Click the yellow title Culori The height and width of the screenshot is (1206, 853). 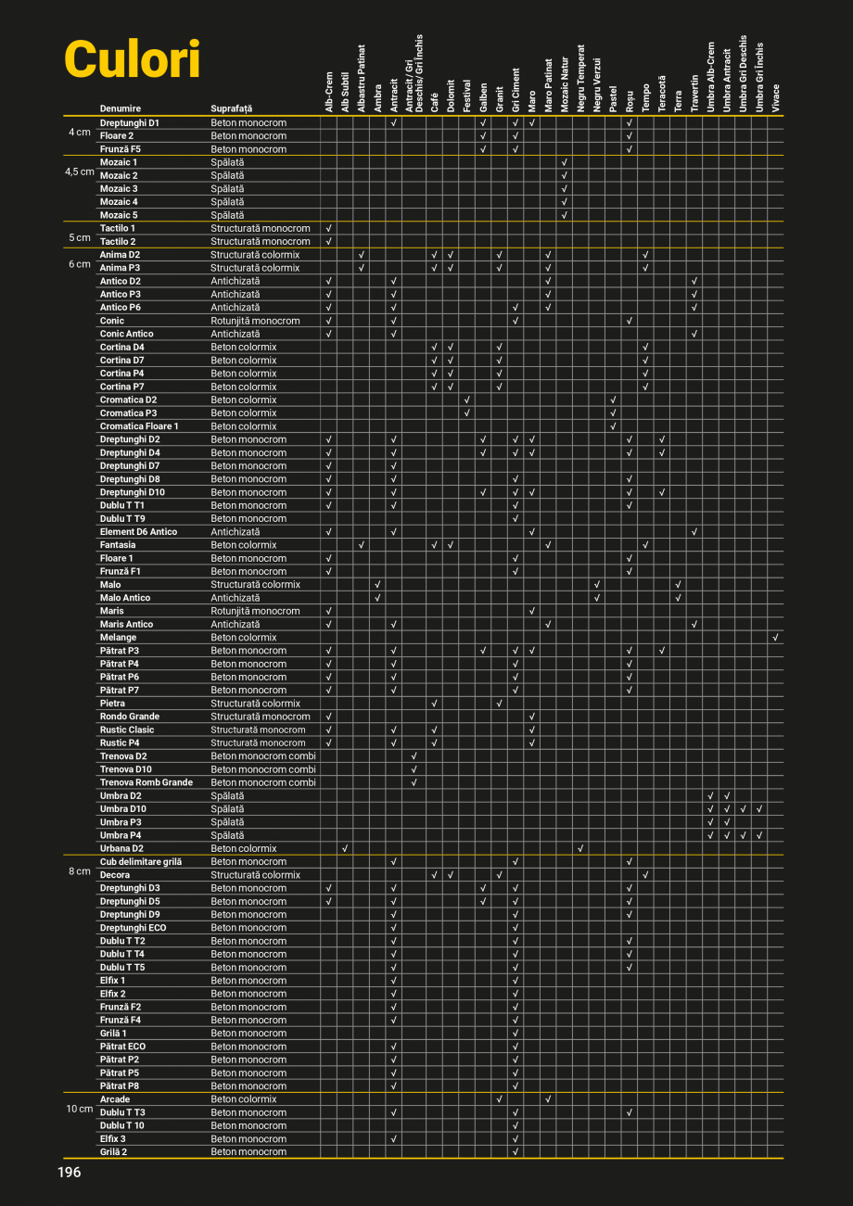[133, 61]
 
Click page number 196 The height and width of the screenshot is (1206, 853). [70, 1173]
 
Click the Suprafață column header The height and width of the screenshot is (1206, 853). [231, 108]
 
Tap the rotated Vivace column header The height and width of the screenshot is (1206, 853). [776, 98]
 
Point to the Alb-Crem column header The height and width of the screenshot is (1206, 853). [329, 92]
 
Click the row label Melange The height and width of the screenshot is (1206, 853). [118, 638]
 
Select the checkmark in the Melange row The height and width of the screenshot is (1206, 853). [776, 638]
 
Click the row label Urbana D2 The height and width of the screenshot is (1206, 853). [121, 848]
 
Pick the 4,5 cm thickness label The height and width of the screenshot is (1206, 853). [80, 171]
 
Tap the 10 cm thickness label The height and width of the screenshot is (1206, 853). [80, 1109]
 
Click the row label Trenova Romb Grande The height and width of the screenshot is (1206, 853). [146, 782]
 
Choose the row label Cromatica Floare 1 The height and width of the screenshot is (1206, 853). [139, 426]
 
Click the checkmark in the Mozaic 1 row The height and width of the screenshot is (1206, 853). [564, 162]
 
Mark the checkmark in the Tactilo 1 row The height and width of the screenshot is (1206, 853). [329, 228]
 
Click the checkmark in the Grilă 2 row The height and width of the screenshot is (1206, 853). [515, 1151]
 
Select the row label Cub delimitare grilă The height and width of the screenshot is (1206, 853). [141, 861]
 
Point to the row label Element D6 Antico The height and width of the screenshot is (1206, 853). [138, 532]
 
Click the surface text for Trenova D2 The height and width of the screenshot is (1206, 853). [262, 756]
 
